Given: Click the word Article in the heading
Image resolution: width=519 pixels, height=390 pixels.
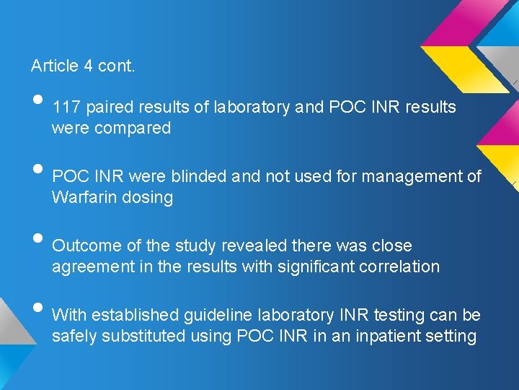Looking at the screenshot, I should pos(54,66).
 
